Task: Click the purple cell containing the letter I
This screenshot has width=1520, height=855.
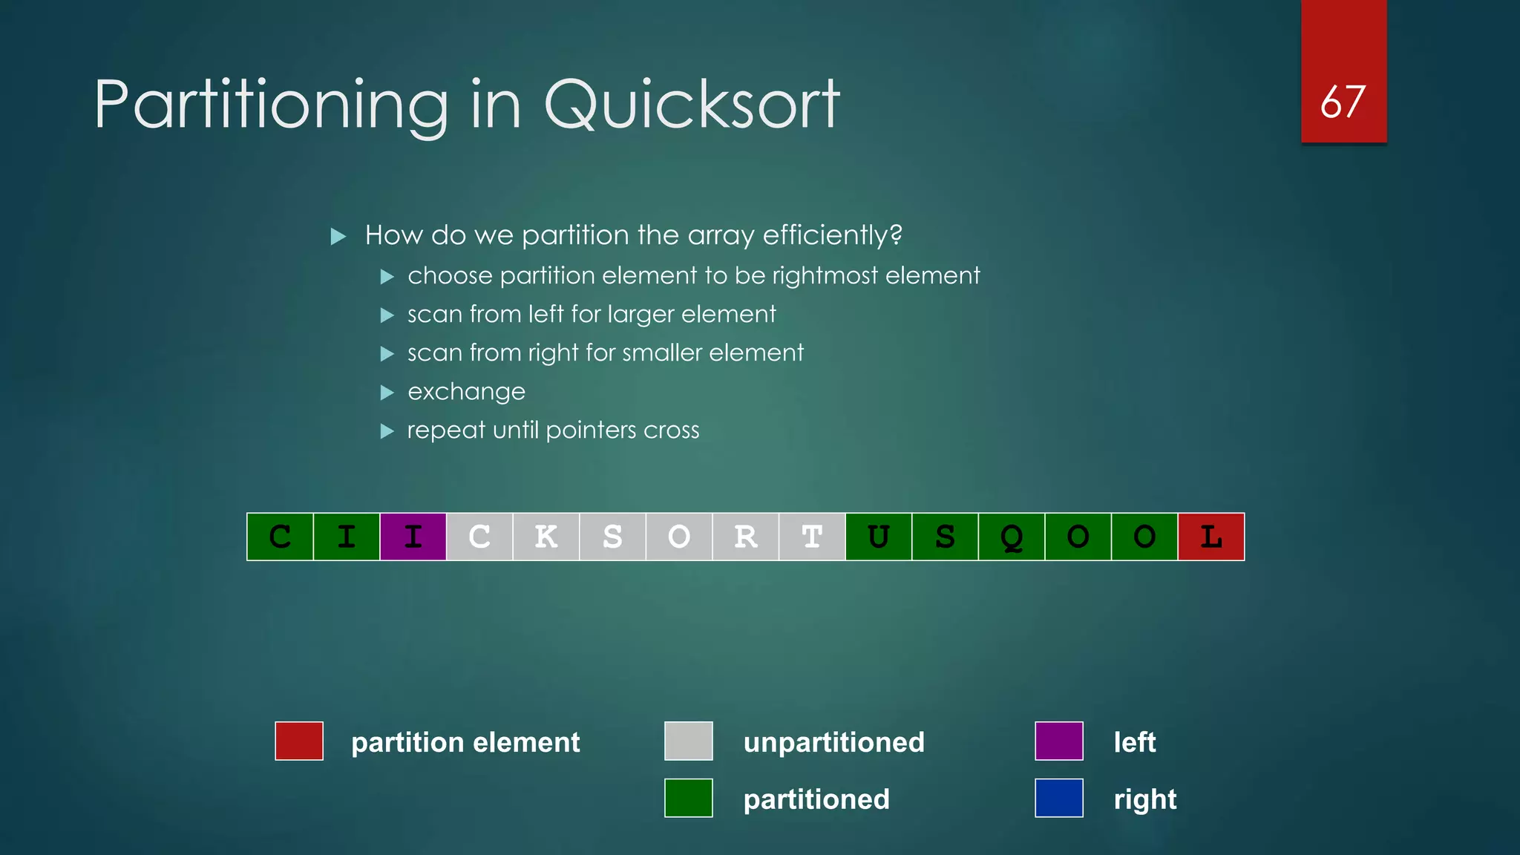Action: click(413, 537)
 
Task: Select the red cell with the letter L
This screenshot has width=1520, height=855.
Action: click(1211, 537)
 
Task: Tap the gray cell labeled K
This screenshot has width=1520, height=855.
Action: click(546, 537)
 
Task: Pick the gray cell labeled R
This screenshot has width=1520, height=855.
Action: click(745, 537)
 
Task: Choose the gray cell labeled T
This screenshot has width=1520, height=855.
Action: click(812, 537)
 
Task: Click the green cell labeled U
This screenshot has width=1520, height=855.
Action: click(878, 537)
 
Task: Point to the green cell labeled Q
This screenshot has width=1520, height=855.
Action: click(1011, 537)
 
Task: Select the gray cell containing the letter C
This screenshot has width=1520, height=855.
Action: click(479, 537)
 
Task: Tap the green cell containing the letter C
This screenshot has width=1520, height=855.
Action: click(280, 537)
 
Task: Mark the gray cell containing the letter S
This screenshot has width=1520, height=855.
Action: click(612, 537)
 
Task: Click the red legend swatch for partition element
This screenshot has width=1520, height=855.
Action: click(299, 741)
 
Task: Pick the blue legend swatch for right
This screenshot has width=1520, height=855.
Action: click(1058, 798)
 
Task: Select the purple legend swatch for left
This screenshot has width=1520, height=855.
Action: click(1058, 741)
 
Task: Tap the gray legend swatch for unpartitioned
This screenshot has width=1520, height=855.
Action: click(689, 741)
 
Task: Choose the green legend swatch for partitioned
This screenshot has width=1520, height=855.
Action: click(689, 798)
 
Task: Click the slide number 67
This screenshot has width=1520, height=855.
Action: click(1343, 102)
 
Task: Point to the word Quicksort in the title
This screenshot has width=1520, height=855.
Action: click(692, 105)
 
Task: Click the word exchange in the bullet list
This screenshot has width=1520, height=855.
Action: click(466, 392)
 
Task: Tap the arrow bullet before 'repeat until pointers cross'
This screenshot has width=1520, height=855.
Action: click(387, 430)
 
